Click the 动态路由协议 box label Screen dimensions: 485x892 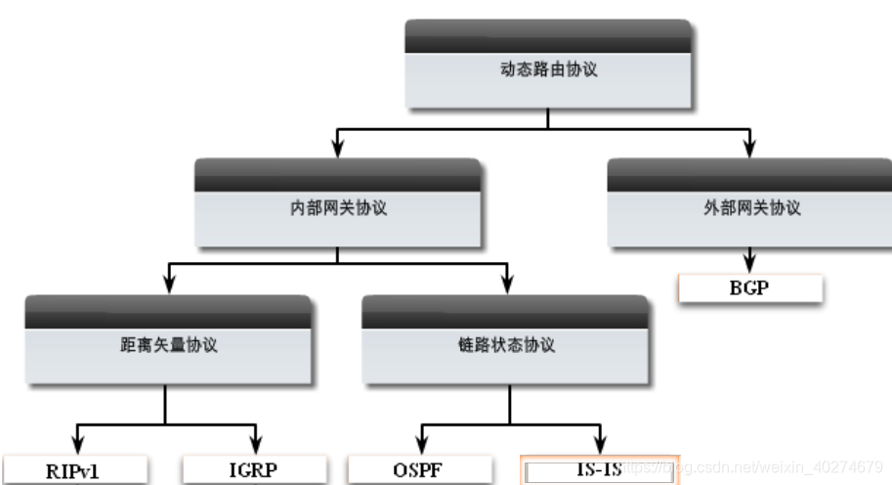click(547, 70)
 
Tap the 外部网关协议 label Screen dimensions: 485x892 click(751, 207)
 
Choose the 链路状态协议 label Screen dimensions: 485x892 click(506, 345)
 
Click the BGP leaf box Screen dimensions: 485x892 click(751, 289)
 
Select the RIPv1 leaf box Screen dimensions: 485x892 click(73, 470)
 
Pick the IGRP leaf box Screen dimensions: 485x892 click(256, 470)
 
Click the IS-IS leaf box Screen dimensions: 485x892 click(599, 470)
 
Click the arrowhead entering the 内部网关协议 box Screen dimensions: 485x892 click(338, 149)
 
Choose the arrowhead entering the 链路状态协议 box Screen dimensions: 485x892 click(506, 285)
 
